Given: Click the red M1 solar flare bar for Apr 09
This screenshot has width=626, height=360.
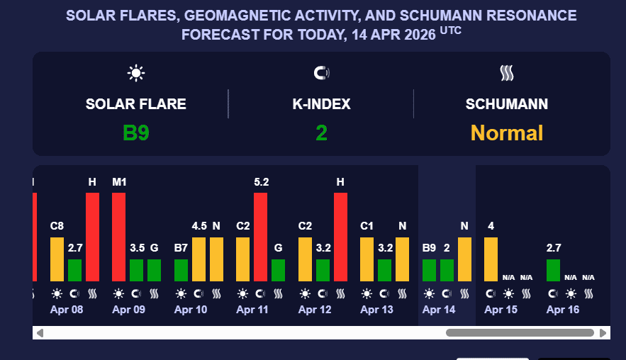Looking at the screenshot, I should [118, 237].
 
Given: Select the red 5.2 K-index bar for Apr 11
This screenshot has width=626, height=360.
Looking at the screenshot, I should [260, 237].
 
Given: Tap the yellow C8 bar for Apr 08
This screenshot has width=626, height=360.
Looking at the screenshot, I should [57, 259].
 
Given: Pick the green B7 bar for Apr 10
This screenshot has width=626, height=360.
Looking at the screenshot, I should [181, 270].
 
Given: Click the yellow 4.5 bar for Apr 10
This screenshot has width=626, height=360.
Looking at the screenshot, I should [199, 259].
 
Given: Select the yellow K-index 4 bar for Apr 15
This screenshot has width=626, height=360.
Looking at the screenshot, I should [491, 259].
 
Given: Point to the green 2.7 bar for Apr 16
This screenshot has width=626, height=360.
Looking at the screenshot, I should [553, 270].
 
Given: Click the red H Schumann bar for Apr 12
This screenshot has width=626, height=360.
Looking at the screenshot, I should [340, 237].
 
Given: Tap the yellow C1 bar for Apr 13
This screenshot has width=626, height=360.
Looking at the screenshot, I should [367, 259].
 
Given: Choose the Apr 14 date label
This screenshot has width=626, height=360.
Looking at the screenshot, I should [438, 310].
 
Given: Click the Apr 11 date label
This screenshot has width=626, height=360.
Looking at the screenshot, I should [252, 310].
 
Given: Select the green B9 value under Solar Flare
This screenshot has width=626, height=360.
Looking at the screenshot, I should [135, 133].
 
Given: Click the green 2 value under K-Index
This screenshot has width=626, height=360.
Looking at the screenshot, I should [321, 133].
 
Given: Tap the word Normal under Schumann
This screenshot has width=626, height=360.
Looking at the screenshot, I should [507, 133].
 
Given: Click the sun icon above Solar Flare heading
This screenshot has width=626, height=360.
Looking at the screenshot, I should [135, 72].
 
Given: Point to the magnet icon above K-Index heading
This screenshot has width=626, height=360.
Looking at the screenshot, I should [321, 72].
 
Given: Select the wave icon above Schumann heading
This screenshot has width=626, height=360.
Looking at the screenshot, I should [507, 72].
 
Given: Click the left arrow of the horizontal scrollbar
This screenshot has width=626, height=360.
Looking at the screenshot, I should [40, 332].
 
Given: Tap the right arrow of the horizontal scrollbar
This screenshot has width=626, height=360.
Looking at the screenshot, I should [603, 332].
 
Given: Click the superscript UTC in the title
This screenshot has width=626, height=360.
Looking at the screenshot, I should [450, 30].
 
